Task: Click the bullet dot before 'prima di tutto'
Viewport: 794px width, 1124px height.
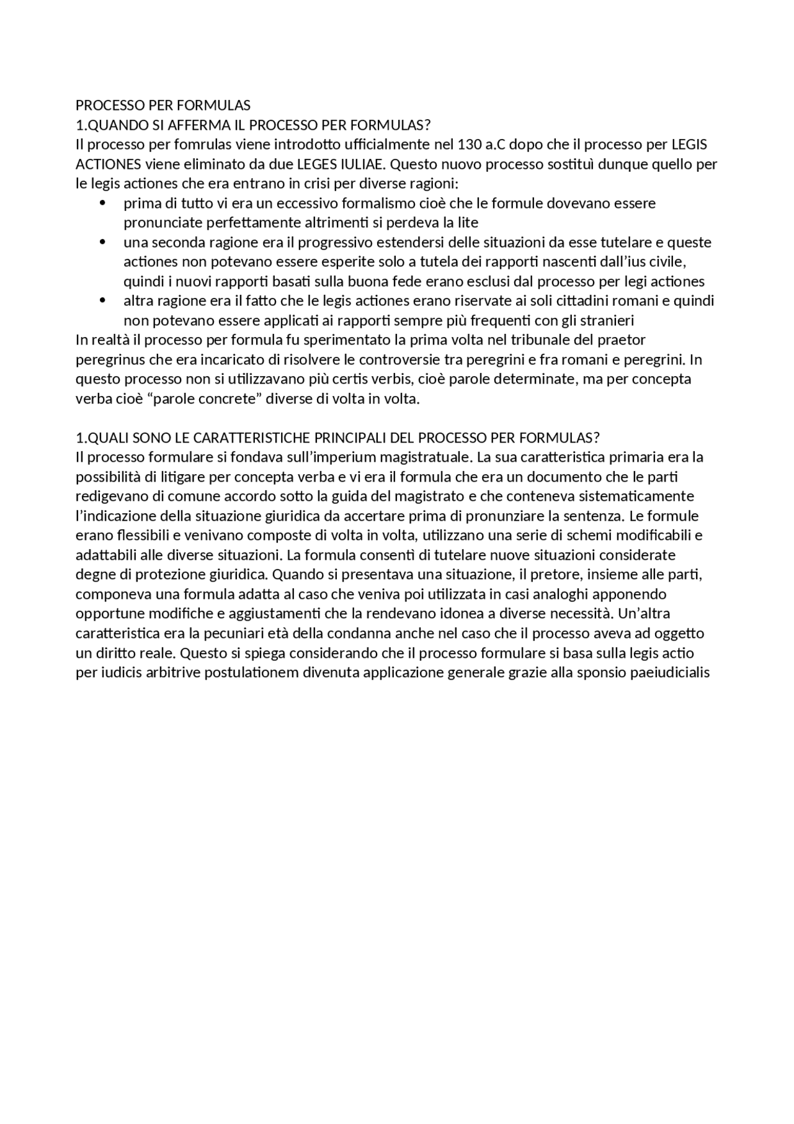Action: click(103, 204)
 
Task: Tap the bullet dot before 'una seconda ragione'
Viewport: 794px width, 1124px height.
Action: click(103, 243)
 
